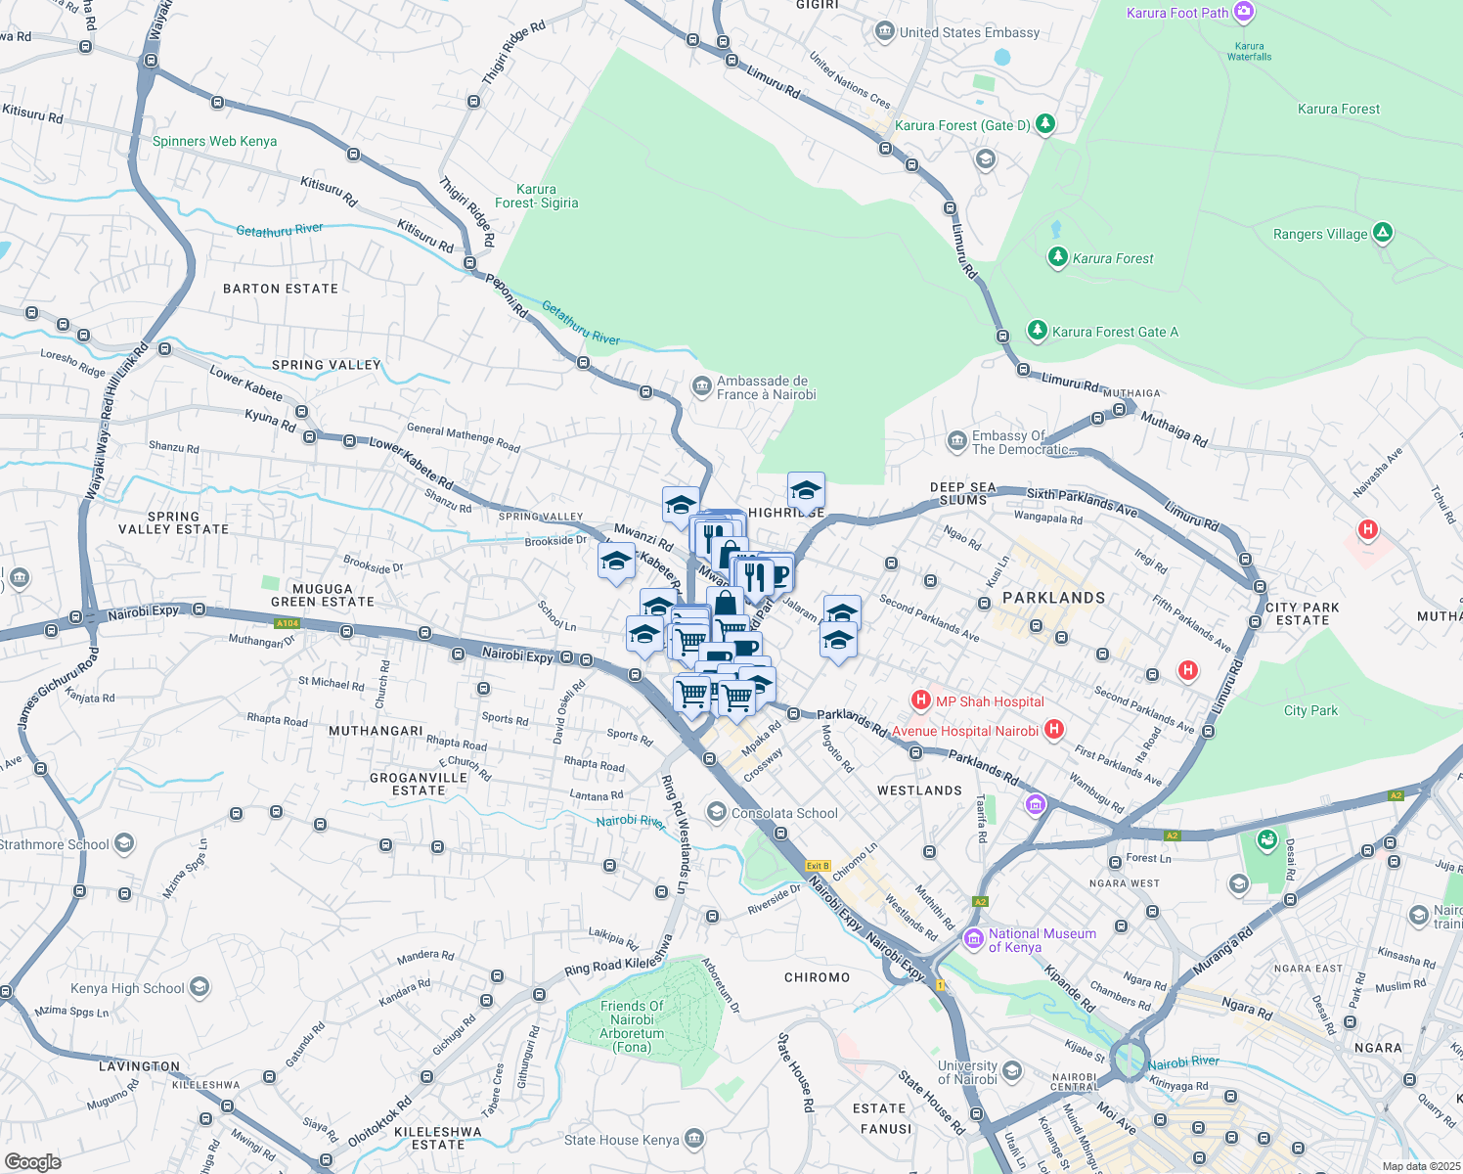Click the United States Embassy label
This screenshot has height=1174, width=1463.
[x=969, y=32]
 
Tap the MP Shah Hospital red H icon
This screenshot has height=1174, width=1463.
[x=920, y=700]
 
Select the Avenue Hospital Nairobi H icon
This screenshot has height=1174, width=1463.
[x=1054, y=729]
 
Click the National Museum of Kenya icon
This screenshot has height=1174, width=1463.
[x=973, y=939]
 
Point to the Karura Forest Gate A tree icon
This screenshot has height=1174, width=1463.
[x=1038, y=331]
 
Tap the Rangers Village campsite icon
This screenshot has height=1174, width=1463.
[x=1383, y=233]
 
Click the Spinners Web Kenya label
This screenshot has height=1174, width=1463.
[x=214, y=141]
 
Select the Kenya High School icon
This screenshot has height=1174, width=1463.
[x=199, y=987]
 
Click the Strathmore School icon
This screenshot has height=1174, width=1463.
[x=124, y=843]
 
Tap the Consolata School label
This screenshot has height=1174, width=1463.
[x=784, y=813]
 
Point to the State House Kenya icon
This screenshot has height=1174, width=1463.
[x=694, y=1139]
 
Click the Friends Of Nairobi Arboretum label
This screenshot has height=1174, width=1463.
[x=632, y=1026]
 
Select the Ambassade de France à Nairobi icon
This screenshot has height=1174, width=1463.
[x=701, y=386]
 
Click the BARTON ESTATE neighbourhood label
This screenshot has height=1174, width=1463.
[x=281, y=289]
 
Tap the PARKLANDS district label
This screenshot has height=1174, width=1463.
[x=1053, y=597]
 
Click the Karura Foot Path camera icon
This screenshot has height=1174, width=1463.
[x=1244, y=12]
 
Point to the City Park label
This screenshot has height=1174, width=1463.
[x=1310, y=710]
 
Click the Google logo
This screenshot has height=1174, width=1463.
[x=33, y=1161]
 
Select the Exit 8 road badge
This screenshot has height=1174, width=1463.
[x=818, y=866]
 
